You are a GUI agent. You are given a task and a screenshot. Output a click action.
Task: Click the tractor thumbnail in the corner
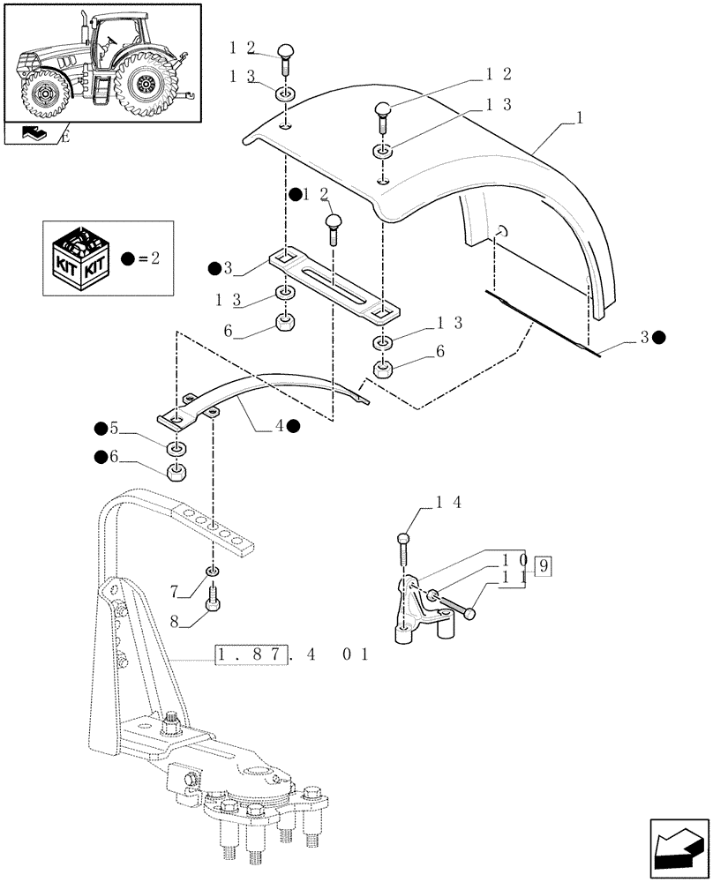tap(101, 63)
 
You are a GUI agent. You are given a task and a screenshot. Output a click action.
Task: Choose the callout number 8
tap(175, 621)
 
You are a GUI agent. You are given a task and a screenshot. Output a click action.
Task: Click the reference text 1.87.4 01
tap(290, 655)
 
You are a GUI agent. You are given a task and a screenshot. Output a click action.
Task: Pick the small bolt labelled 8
tap(212, 605)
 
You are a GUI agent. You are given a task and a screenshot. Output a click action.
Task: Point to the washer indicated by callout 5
tap(176, 442)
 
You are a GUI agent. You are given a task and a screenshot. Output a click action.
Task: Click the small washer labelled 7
tap(212, 572)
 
